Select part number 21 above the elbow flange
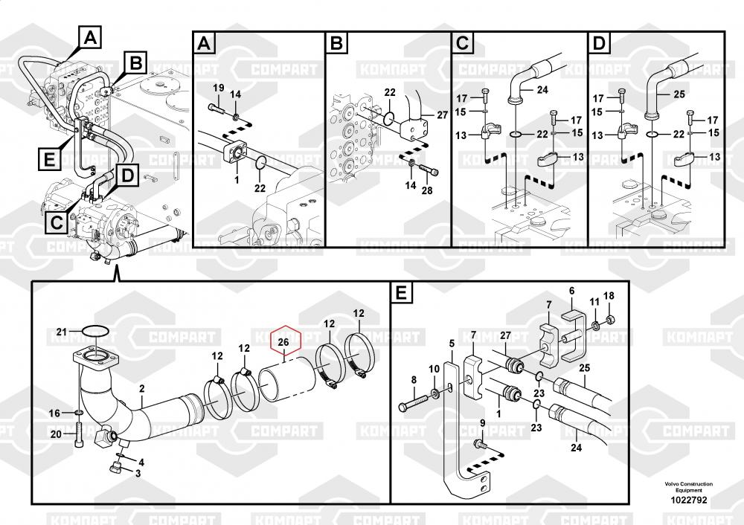pyautogui.click(x=62, y=331)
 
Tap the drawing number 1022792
pyautogui.click(x=688, y=500)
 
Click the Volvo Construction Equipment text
pyautogui.click(x=688, y=486)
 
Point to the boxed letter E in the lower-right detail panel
pyautogui.click(x=401, y=294)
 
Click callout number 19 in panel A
pyautogui.click(x=219, y=88)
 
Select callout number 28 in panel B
pyautogui.click(x=426, y=190)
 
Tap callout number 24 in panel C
pyautogui.click(x=542, y=90)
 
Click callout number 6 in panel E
pyautogui.click(x=571, y=291)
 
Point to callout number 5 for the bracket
pyautogui.click(x=451, y=343)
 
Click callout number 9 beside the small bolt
pyautogui.click(x=482, y=423)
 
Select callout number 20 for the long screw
pyautogui.click(x=55, y=435)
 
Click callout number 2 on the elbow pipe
pyautogui.click(x=141, y=387)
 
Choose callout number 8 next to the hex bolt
pyautogui.click(x=414, y=380)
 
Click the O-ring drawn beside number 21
pyautogui.click(x=94, y=331)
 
